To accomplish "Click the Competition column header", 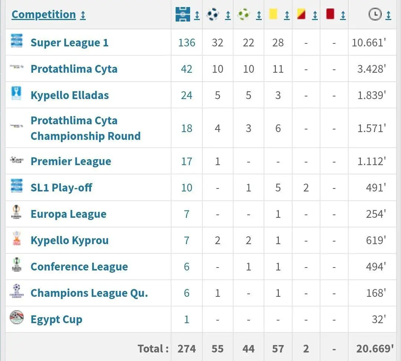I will click(44, 14).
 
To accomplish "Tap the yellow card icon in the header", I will click(273, 14).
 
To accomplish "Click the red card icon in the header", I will click(330, 14).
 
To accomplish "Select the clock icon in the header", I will click(375, 14).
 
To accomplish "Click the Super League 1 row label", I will click(69, 43).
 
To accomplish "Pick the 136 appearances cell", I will click(186, 43).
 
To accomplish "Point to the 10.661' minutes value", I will click(369, 43).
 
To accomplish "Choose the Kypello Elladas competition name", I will click(69, 95).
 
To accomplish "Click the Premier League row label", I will click(71, 161).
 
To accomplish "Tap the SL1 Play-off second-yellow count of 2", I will click(306, 188).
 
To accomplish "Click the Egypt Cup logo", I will click(17, 318).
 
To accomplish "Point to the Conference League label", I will click(79, 267).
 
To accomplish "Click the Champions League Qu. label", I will click(89, 293).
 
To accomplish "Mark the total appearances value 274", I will click(186, 349).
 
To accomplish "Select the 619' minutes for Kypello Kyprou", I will click(375, 240).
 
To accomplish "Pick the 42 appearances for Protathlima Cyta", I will click(186, 69).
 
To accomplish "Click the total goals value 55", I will click(218, 349).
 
